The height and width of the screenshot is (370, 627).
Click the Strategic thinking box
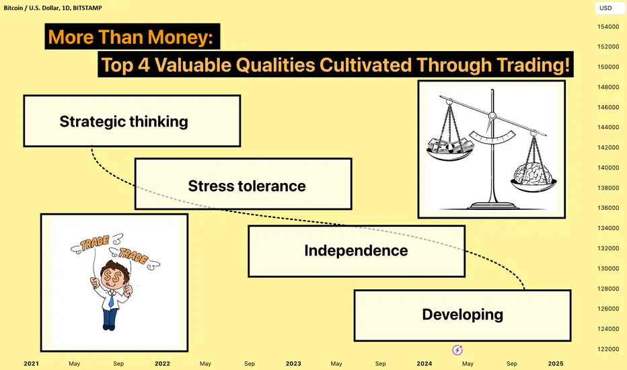click(132, 121)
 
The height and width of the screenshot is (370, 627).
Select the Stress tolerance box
click(243, 184)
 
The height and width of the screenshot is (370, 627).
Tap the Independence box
click(357, 251)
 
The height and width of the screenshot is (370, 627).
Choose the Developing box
click(463, 316)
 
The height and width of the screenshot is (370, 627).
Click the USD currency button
click(605, 8)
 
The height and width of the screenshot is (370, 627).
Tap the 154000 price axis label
click(608, 27)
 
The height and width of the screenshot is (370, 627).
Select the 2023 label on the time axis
click(293, 363)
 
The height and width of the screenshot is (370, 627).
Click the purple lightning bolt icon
click(457, 350)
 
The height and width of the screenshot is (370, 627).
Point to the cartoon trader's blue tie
click(112, 299)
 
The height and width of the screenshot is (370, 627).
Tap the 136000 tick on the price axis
click(608, 208)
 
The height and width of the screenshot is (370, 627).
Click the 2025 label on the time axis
click(556, 363)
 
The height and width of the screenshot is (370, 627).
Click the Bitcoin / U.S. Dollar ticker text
click(31, 7)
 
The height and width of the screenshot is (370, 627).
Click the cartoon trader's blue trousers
click(110, 318)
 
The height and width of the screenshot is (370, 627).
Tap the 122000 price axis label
click(608, 349)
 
